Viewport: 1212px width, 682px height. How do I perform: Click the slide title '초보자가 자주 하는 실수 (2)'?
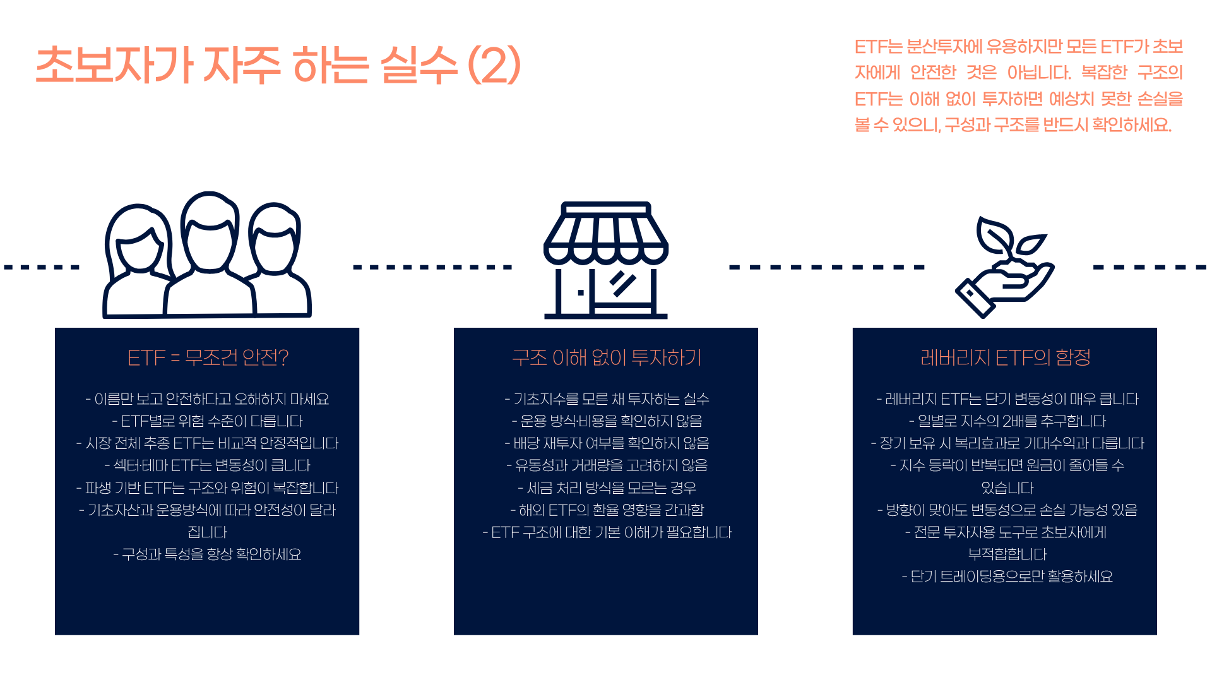[278, 65]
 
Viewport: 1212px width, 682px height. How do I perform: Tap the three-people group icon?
[207, 256]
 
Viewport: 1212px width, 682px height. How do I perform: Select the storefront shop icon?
[606, 260]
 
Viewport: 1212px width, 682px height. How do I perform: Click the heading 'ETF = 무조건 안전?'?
[208, 357]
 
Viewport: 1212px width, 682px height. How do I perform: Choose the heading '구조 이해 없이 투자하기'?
[606, 357]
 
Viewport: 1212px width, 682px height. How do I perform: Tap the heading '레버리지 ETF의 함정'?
[1005, 357]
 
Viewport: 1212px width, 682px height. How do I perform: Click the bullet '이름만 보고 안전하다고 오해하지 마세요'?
[208, 399]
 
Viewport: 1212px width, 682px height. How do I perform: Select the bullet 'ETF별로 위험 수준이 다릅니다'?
[208, 421]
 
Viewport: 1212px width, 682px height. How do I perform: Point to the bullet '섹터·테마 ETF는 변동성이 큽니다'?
[208, 465]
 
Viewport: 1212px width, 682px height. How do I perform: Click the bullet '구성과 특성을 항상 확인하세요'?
[208, 554]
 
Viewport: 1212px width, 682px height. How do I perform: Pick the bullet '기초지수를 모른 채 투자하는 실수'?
[606, 399]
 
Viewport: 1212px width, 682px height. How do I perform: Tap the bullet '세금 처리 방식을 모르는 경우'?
[606, 488]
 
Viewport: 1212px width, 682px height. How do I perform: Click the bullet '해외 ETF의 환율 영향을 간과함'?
[606, 510]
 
